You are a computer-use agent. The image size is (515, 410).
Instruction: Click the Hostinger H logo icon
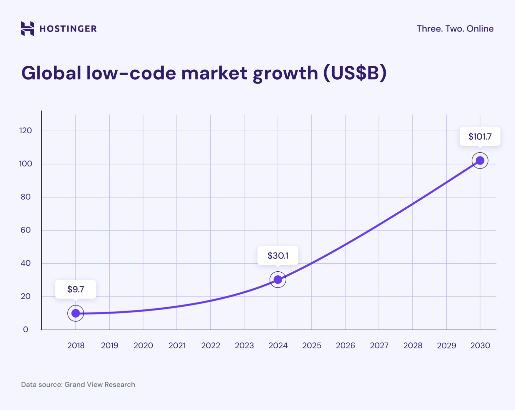(27, 28)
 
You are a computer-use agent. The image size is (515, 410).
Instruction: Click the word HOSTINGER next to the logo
(68, 29)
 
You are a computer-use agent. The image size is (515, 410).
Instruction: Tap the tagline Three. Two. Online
(455, 29)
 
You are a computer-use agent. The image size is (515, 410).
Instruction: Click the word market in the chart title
(214, 73)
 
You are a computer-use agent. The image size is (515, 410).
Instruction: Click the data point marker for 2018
(76, 313)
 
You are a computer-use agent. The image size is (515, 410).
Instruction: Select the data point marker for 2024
(278, 279)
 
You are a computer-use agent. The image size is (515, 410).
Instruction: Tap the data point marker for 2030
(480, 160)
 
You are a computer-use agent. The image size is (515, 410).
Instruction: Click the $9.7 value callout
(76, 289)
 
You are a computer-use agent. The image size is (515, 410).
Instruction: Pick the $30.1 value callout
(278, 256)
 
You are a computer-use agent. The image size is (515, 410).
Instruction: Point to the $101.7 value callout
(480, 136)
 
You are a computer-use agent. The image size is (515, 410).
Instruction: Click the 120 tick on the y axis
(25, 131)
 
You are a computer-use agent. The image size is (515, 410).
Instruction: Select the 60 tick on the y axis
(25, 230)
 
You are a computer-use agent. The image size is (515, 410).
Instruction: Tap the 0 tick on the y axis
(25, 330)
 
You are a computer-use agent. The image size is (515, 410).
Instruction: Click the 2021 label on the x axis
(177, 345)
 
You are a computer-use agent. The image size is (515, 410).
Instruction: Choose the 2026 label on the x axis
(345, 345)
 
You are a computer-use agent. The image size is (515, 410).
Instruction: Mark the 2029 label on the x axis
(446, 345)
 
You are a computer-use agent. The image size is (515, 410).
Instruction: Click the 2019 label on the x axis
(110, 345)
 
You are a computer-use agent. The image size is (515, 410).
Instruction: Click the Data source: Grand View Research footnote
(78, 385)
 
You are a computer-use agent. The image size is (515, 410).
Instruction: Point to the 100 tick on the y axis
(25, 164)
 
